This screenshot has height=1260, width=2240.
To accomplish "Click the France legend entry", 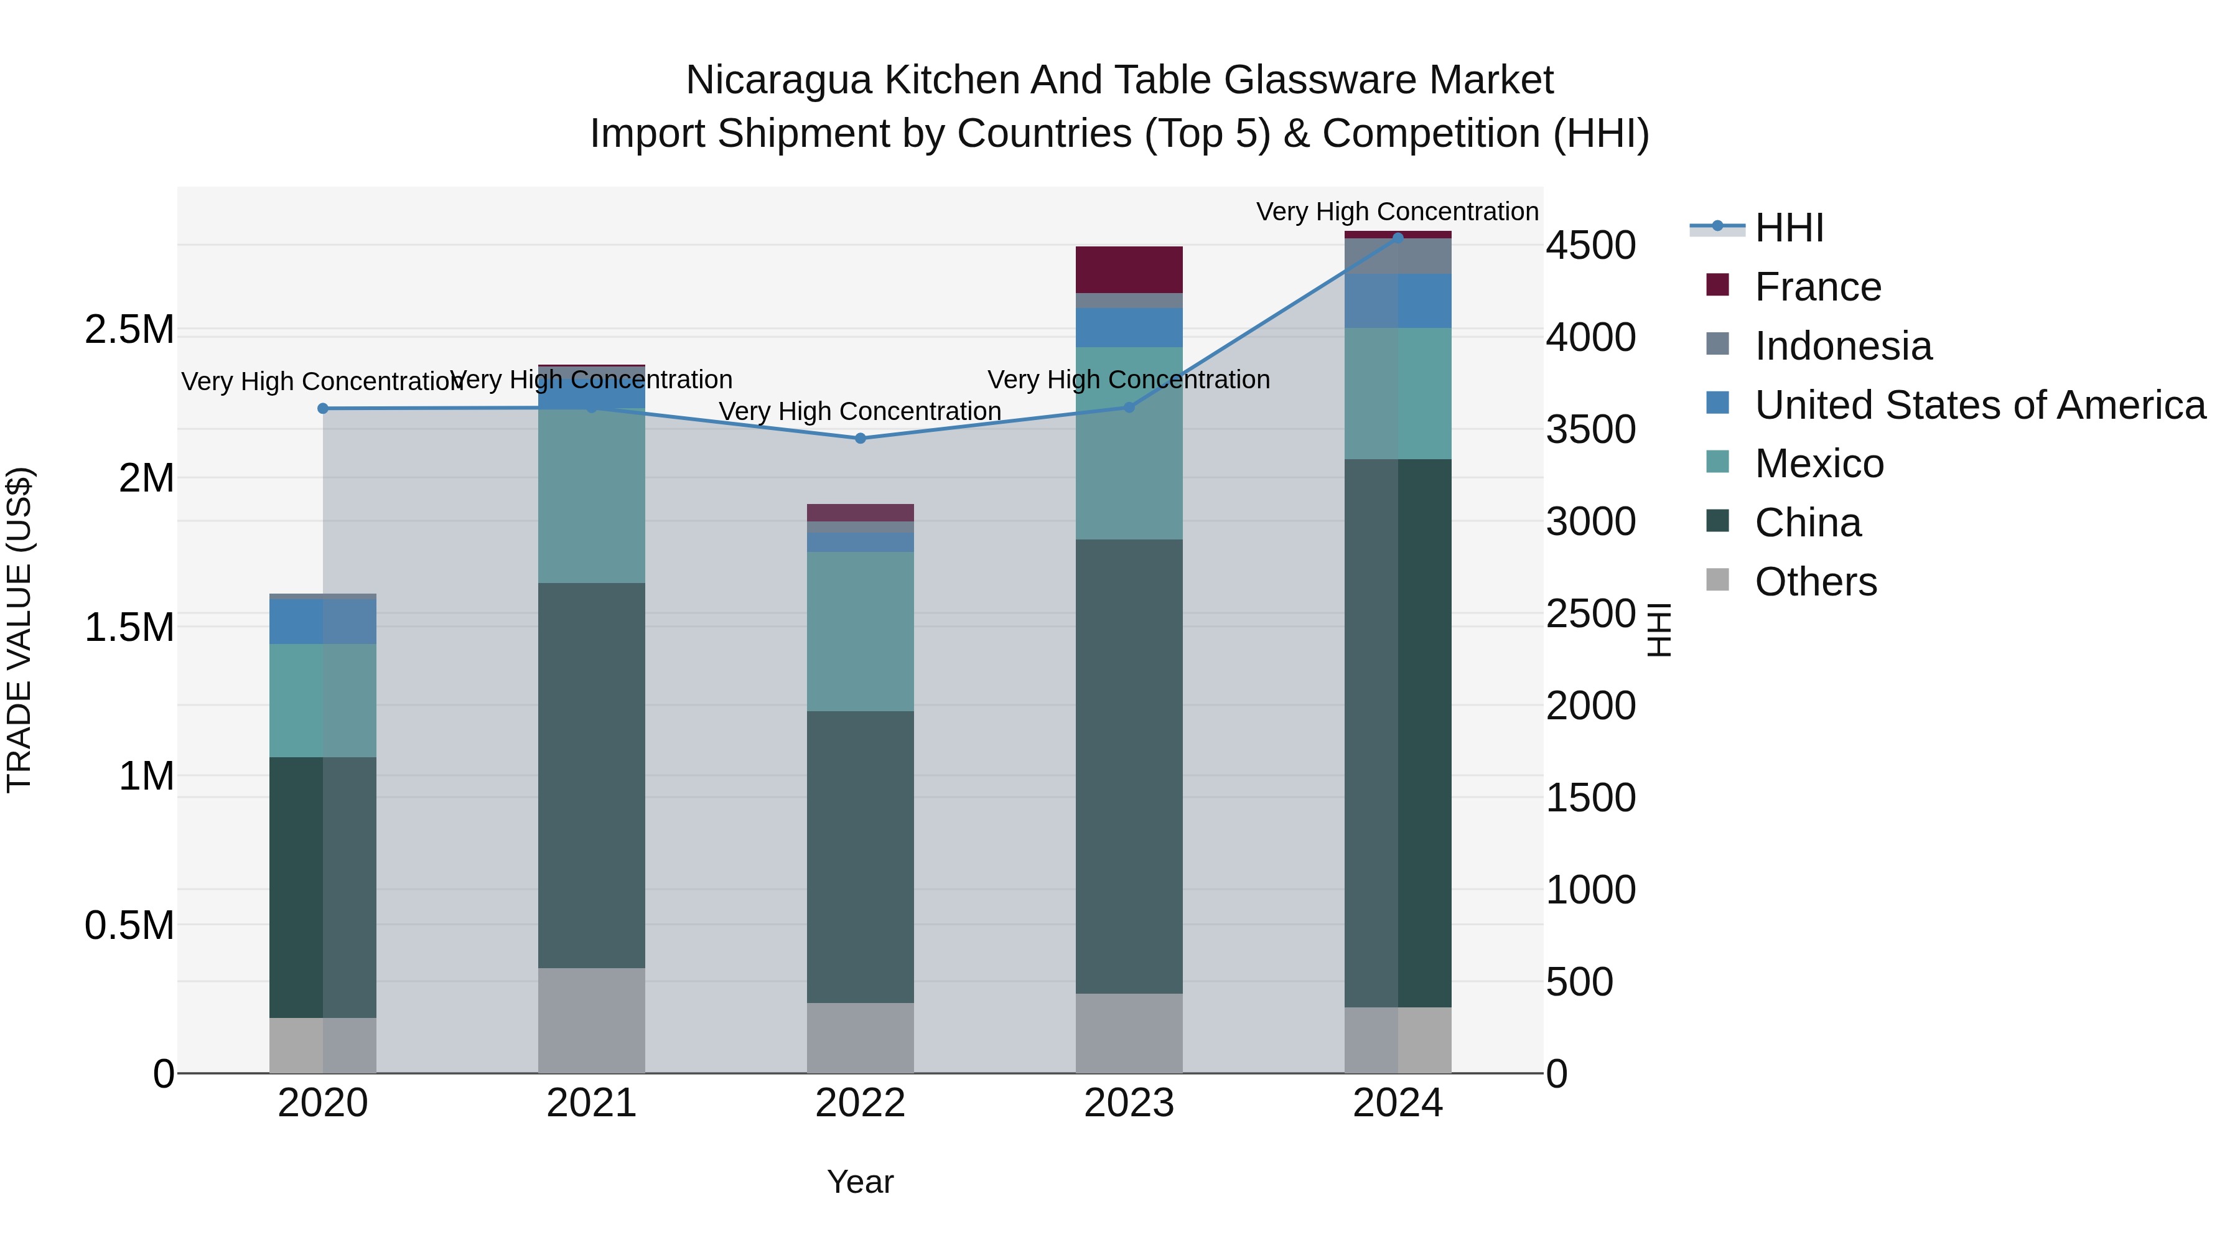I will click(1818, 287).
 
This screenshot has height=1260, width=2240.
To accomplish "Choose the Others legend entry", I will click(1816, 582).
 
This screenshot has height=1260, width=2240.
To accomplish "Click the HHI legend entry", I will click(1789, 228).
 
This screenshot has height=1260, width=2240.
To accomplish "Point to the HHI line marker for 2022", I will click(860, 438).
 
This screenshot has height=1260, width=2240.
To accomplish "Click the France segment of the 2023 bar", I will click(1129, 269).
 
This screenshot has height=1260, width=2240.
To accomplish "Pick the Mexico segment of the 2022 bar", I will click(860, 632).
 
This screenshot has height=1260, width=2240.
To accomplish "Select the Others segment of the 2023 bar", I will click(1129, 1033).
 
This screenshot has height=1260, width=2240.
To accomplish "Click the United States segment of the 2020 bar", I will click(322, 621).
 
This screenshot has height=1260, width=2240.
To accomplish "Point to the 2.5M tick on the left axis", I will click(129, 330).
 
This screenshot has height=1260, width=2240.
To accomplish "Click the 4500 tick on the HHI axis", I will click(1590, 245).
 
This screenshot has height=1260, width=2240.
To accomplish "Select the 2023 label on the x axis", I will click(1129, 1103).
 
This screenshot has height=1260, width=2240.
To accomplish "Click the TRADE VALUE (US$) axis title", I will click(19, 630).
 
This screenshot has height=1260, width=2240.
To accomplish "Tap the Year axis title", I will click(860, 1182).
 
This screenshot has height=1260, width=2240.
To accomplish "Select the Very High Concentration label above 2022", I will click(860, 411).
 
